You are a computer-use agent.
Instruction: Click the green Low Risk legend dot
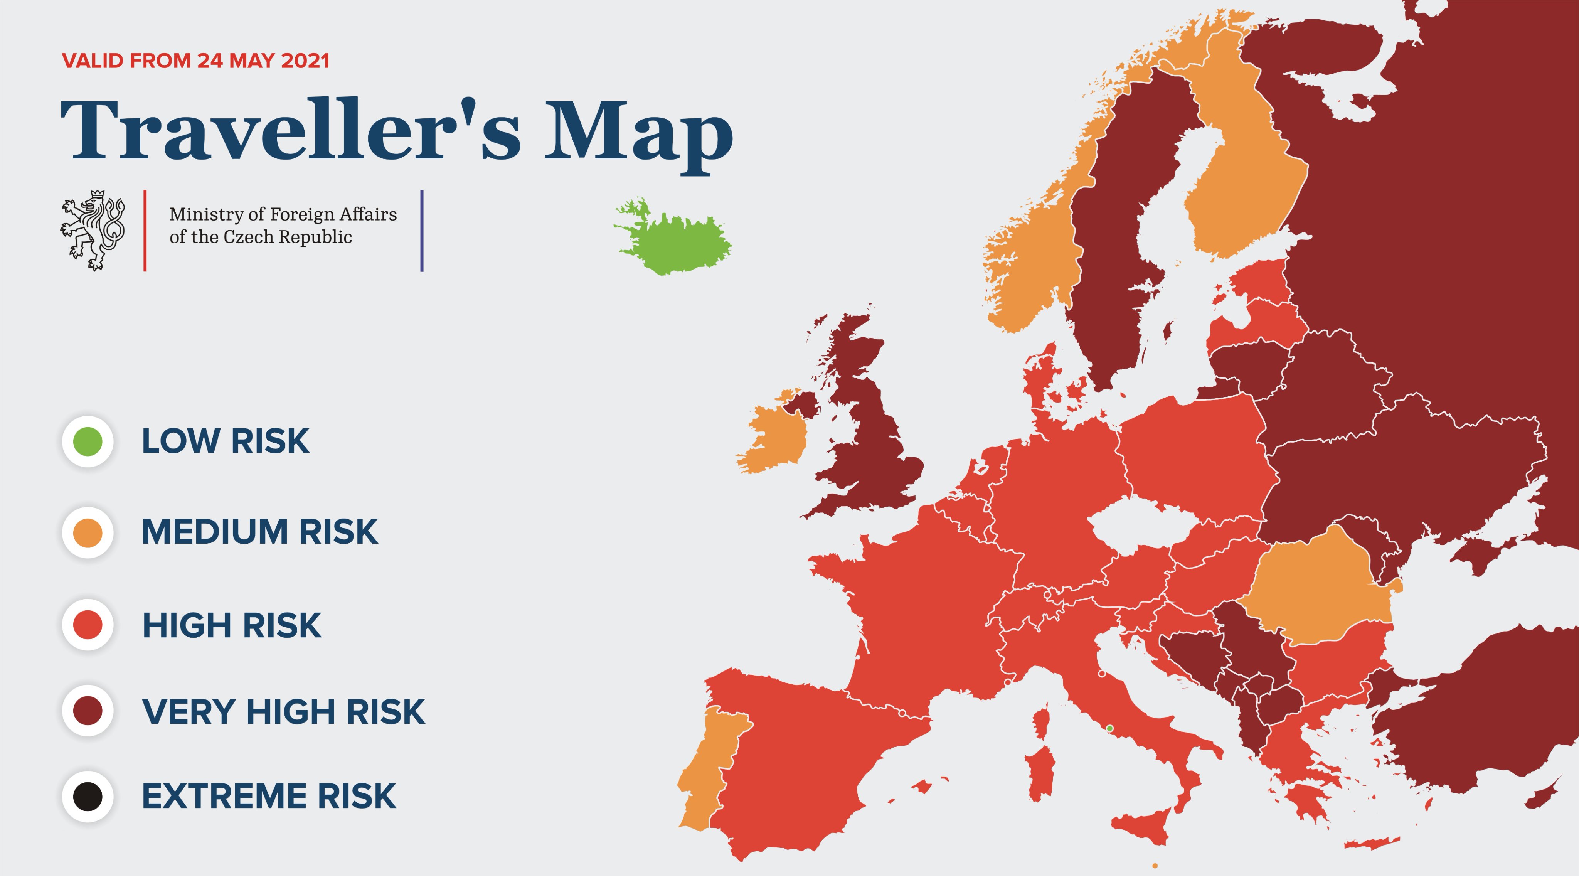point(88,441)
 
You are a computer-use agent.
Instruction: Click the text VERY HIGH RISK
point(283,712)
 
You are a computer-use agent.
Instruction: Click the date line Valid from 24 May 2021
point(195,61)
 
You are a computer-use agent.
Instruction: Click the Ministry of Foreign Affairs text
point(283,226)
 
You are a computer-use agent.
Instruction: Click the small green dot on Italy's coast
point(1109,728)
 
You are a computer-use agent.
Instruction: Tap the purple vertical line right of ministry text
point(422,231)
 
